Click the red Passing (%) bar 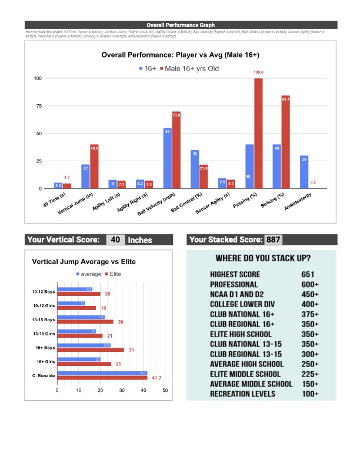coord(258,133)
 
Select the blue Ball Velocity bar coord(168,158)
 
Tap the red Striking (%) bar coord(286,142)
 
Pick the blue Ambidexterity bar coord(304,172)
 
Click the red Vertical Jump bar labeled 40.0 coord(94,166)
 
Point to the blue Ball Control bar coord(195,169)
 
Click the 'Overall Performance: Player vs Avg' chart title coord(180,55)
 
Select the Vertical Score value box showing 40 coord(115,239)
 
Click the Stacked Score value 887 coord(273,239)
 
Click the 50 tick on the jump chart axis coord(165,390)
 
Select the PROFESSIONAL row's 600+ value coord(308,284)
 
